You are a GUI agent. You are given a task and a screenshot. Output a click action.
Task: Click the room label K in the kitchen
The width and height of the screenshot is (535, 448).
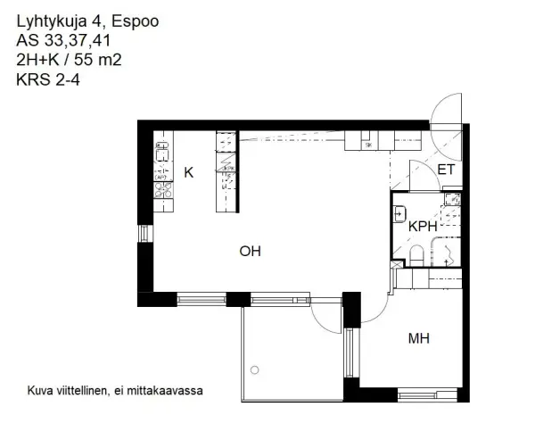click(x=188, y=172)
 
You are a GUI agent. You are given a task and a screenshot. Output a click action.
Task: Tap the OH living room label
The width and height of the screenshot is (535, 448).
click(x=250, y=252)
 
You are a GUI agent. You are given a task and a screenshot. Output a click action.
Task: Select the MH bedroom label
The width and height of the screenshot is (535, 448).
click(x=419, y=338)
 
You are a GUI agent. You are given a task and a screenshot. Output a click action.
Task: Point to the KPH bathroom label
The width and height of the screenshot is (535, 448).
click(x=423, y=227)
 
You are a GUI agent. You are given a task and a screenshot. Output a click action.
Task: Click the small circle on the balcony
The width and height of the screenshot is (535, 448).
click(x=255, y=369)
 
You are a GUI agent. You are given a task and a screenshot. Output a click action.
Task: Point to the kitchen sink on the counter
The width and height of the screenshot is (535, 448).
click(x=162, y=153)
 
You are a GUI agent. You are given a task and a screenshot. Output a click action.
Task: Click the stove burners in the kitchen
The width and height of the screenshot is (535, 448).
click(x=162, y=188)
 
